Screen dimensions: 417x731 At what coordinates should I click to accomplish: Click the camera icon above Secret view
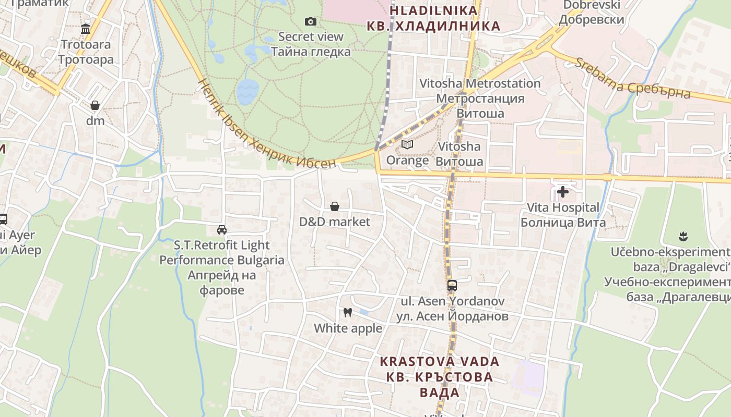(311, 21)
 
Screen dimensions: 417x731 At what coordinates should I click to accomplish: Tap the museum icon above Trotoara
(86, 29)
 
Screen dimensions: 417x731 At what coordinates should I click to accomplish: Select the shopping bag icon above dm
(95, 106)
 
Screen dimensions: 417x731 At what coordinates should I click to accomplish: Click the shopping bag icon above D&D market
(335, 207)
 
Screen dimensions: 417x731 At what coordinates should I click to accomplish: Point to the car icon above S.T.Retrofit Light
(222, 230)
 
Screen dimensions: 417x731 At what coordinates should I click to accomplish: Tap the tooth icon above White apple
(348, 313)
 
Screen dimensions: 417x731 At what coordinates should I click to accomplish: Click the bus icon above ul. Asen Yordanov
(452, 286)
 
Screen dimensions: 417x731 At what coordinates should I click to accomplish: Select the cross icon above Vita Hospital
(563, 192)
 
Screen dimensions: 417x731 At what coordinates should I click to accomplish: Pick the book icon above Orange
(407, 144)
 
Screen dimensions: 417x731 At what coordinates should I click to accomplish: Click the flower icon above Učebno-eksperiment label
(682, 237)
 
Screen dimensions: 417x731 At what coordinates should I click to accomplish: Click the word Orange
(407, 161)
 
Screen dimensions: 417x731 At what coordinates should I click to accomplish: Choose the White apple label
(348, 328)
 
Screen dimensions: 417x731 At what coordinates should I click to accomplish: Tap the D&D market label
(335, 222)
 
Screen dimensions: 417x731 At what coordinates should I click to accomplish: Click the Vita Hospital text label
(563, 207)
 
